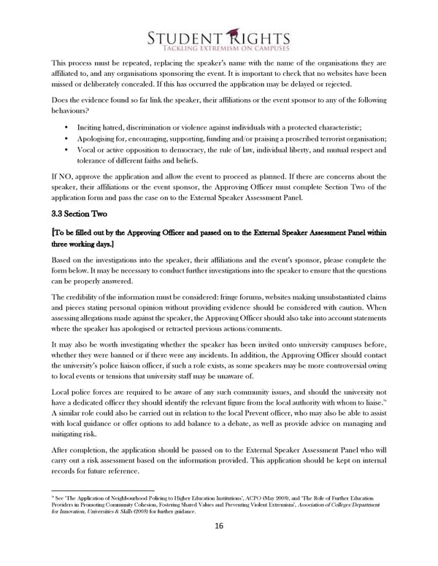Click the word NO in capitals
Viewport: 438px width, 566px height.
64,177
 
